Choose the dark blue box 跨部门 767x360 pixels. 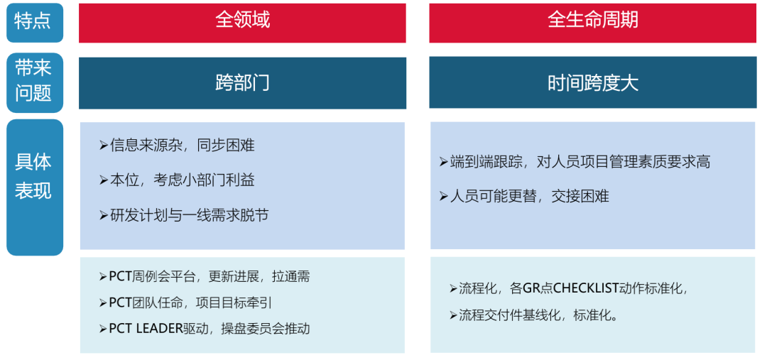pyautogui.click(x=242, y=82)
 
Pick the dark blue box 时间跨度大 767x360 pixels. pyautogui.click(x=592, y=82)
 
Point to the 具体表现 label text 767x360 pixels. pyautogui.click(x=34, y=176)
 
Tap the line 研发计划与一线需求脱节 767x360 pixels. pyautogui.click(x=189, y=215)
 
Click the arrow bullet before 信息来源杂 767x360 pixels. pyautogui.click(x=104, y=146)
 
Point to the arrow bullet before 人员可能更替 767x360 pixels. pyautogui.click(x=444, y=196)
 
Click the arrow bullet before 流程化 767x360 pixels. pyautogui.click(x=453, y=288)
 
